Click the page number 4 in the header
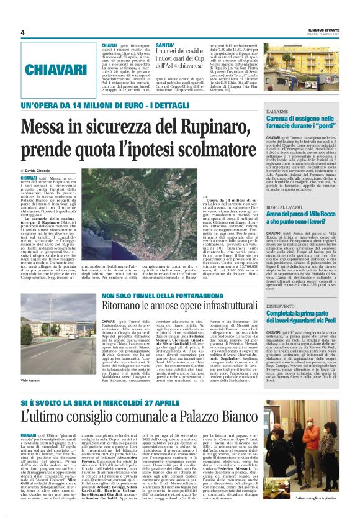pyautogui.click(x=22, y=32)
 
